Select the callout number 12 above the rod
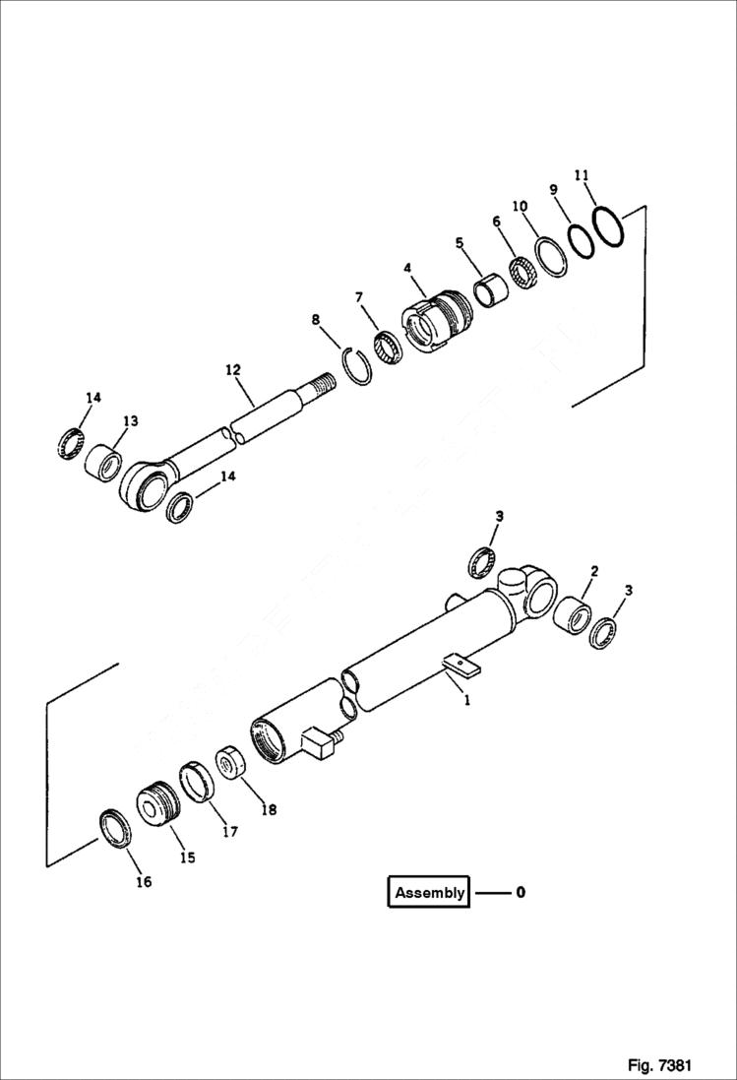click(232, 370)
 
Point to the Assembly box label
click(429, 893)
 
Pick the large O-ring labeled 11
click(609, 228)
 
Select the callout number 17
click(229, 830)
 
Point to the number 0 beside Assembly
click(521, 893)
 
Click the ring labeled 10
click(551, 256)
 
